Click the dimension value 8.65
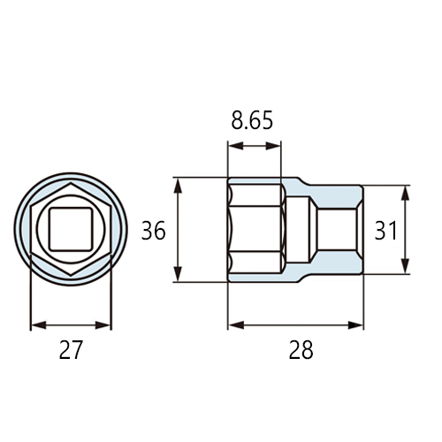(252, 120)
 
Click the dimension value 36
(154, 231)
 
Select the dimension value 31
(385, 231)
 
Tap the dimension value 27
(71, 350)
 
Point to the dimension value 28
(301, 350)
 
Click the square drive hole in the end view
(71, 229)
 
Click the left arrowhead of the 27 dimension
(39, 325)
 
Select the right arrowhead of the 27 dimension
(103, 325)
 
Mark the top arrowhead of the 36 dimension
(178, 186)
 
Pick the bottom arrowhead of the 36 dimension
(178, 274)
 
